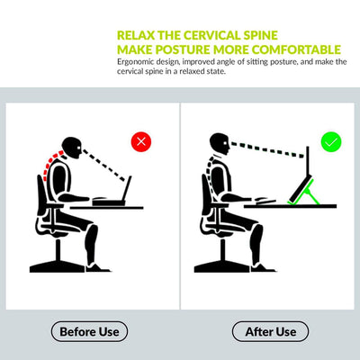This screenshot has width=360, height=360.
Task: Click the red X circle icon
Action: pos(141,141)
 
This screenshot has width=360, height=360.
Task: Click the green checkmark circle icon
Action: pos(331,141)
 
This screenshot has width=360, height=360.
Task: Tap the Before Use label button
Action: pos(89,331)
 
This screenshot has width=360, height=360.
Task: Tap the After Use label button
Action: pos(271,331)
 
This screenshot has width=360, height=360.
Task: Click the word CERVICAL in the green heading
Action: pos(211,35)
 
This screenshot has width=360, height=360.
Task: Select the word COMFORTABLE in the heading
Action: pos(296,49)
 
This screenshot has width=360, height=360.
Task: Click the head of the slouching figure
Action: pos(72,148)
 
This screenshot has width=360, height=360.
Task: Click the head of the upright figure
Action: pos(220,144)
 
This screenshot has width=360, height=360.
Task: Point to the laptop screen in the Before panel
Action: pos(127,188)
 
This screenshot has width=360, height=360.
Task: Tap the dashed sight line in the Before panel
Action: pos(104,166)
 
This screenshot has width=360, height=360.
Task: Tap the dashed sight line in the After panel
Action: pos(268,149)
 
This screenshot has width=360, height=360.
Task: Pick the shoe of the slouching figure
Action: pos(98,267)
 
